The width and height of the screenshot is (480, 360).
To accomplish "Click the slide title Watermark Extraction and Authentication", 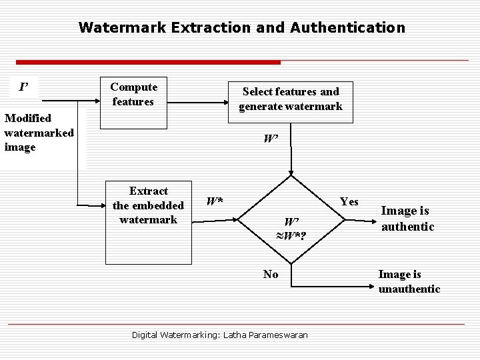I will point(241,27).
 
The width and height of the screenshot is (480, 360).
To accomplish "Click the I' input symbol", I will point(23,87).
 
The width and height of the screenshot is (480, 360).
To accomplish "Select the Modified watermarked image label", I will point(38,132).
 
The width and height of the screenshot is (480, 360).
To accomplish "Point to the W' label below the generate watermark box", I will point(270,139).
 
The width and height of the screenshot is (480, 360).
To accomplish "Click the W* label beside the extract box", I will point(215,201).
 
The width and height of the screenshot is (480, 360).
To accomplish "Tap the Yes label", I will point(349,201).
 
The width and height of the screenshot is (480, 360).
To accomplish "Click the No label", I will point(271,274).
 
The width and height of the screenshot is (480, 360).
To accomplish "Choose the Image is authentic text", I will point(407,219).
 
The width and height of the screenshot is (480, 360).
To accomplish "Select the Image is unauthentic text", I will point(409,281).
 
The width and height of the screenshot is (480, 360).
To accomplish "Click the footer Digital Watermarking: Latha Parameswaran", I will point(219,335).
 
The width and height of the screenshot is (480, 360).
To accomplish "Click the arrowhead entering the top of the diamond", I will point(291,173).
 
